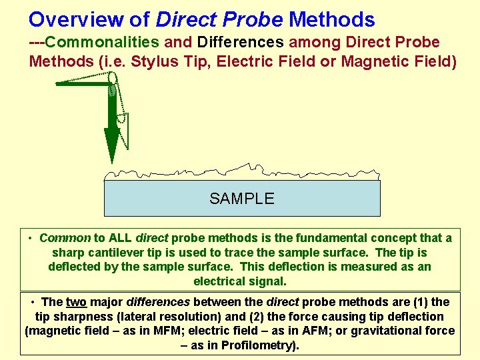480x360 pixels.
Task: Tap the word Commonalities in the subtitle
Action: pos(103,43)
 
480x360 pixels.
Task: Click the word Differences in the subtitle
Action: pos(241,43)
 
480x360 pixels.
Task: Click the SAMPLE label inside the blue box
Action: pos(241,199)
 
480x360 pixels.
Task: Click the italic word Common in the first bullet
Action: pos(65,238)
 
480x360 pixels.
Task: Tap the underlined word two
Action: pos(76,302)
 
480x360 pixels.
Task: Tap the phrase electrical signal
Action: pos(239,281)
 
